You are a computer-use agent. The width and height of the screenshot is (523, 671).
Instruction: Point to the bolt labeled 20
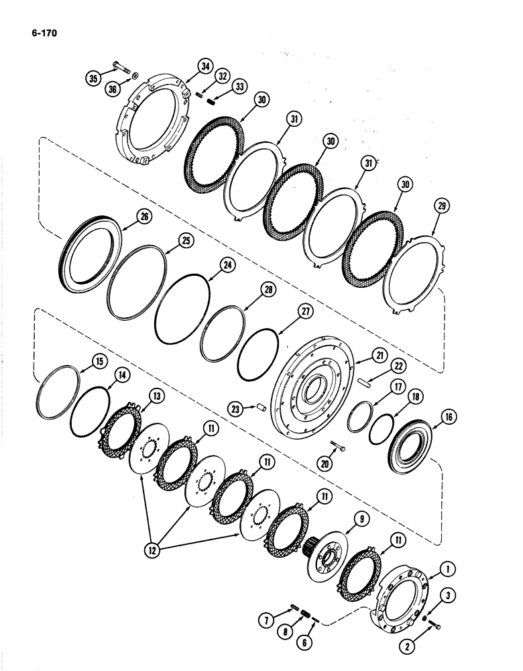[x=338, y=450]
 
